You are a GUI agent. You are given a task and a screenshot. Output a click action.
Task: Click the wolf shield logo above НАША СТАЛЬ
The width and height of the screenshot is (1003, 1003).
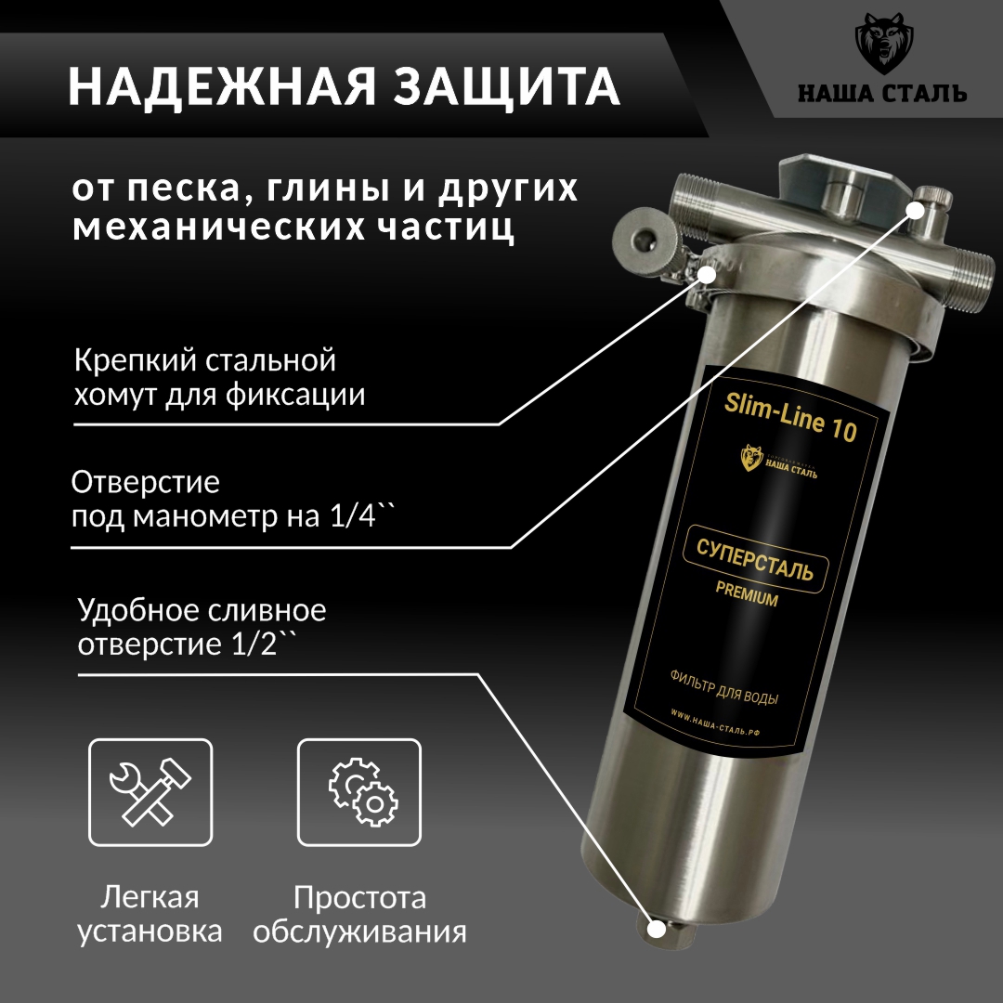[x=882, y=47]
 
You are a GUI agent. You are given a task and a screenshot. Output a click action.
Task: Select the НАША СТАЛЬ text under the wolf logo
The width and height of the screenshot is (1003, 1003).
[x=882, y=94]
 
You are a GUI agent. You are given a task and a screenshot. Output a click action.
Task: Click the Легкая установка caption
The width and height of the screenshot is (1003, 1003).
[x=150, y=914]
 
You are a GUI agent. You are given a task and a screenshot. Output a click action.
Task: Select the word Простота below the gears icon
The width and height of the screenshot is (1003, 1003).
[x=360, y=898]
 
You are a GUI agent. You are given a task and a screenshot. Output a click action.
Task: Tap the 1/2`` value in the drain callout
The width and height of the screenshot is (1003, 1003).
[x=249, y=645]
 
